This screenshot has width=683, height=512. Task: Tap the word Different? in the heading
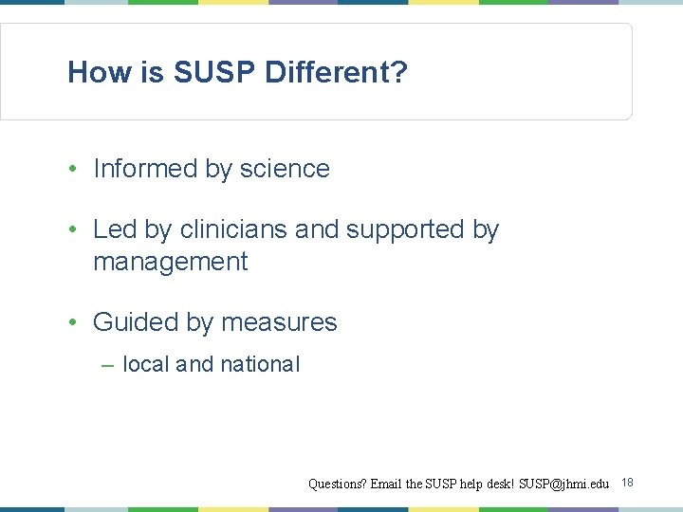coord(337,72)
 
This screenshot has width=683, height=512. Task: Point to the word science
coord(285,169)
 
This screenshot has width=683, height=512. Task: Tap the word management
coord(170,262)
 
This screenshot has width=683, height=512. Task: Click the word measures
coord(280,322)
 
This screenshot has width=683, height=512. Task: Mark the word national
coord(260,364)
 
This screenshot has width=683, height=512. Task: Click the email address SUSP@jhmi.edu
coord(563,484)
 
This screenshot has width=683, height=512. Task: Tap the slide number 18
coord(627,483)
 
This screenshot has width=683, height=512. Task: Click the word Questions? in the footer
coord(338,484)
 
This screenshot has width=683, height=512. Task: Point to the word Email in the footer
coord(387,484)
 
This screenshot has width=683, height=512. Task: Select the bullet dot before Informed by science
coord(73,170)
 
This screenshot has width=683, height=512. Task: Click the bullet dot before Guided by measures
coord(73,323)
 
